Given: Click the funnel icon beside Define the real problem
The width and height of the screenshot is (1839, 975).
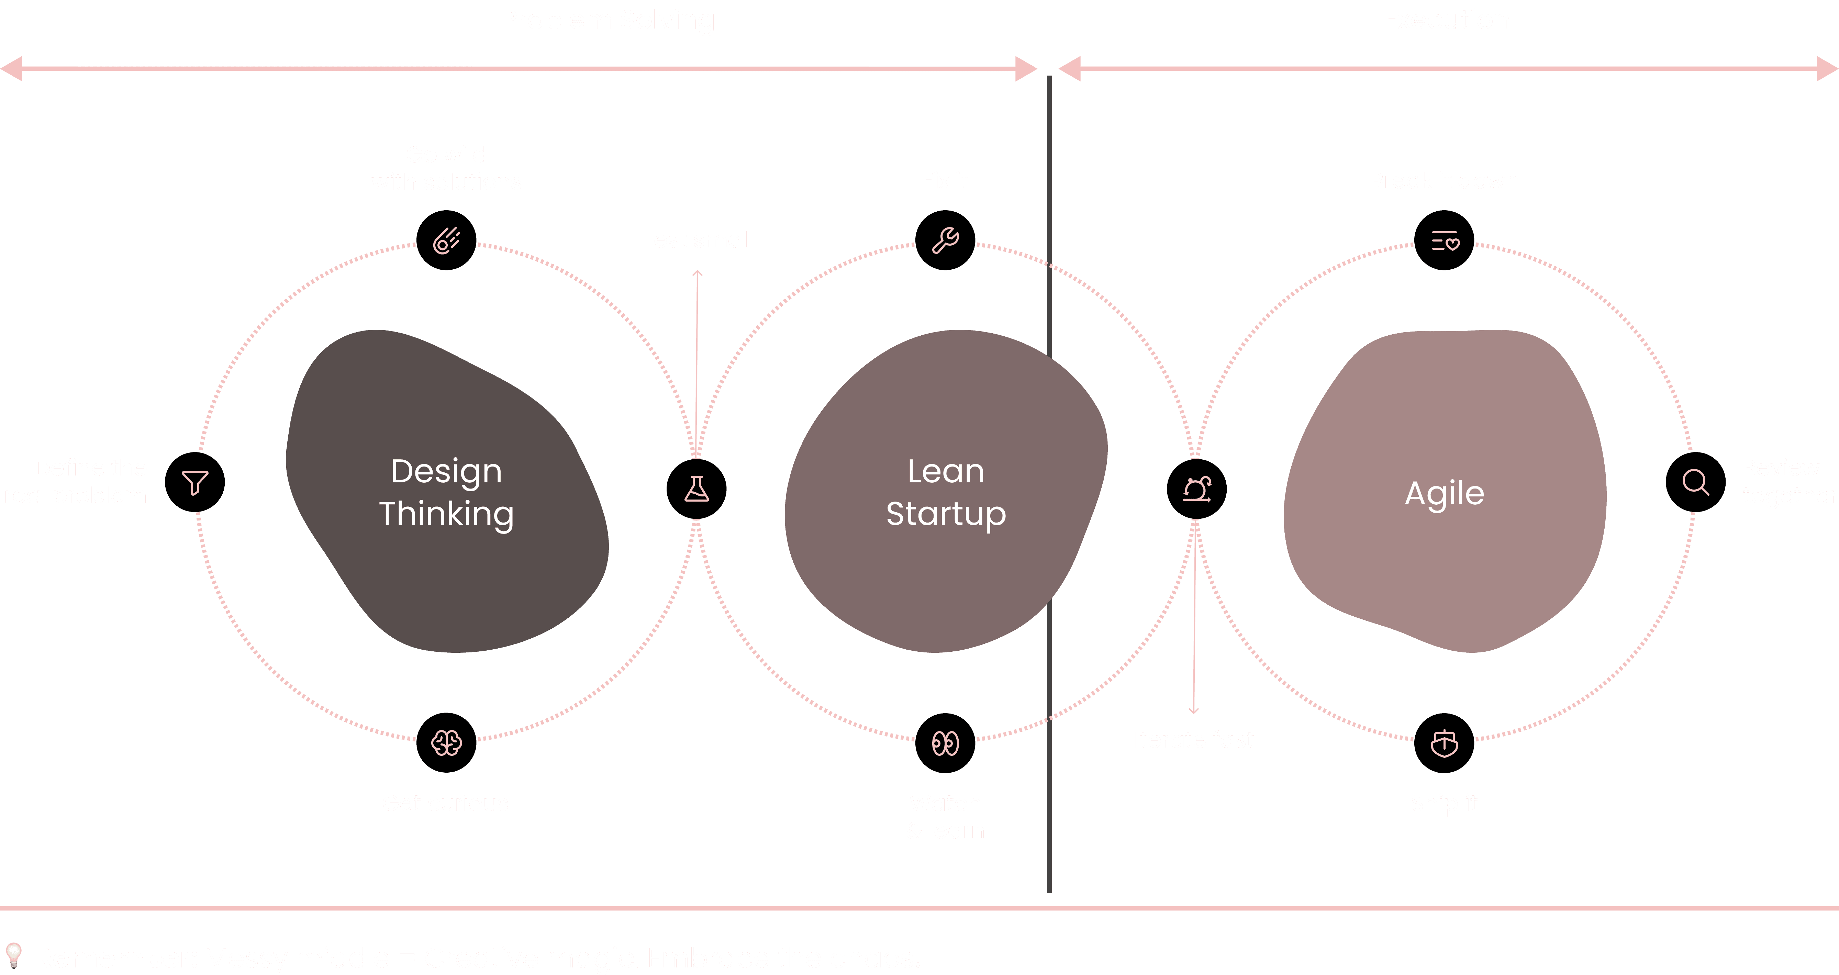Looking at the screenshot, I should click(195, 482).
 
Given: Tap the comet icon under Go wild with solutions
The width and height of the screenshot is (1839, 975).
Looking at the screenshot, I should click(446, 240).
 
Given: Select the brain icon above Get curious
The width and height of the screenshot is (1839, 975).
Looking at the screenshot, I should click(446, 743).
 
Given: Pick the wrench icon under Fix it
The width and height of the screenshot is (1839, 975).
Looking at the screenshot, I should click(945, 240).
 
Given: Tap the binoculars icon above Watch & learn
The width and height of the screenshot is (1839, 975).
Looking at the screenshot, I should click(945, 743).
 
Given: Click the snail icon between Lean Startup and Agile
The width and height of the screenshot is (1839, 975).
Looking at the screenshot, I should click(1196, 489).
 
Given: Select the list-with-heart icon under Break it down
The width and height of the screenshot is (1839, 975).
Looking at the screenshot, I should click(1444, 240).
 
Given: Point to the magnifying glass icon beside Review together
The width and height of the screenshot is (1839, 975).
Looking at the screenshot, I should click(1695, 482).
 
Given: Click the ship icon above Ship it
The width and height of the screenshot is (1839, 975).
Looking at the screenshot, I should click(1444, 743).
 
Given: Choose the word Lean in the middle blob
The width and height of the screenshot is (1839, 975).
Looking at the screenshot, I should click(946, 471).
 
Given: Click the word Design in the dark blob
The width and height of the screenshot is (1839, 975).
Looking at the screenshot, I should click(446, 471).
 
